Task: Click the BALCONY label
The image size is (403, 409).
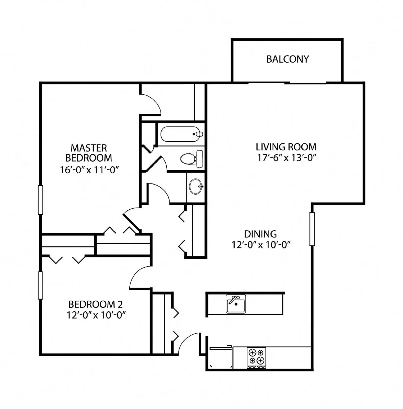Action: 287,59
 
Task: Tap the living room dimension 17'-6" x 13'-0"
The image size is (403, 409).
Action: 286,158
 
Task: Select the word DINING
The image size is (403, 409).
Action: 260,234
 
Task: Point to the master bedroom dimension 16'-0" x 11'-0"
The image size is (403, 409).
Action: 89,170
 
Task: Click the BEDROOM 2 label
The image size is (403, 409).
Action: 95,304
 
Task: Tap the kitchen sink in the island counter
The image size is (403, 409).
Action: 236,304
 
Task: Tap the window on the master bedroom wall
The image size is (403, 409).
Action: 40,200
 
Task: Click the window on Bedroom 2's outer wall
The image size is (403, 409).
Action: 40,285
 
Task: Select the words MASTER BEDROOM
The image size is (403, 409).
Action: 89,153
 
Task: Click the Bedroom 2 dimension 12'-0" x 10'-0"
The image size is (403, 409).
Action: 96,315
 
